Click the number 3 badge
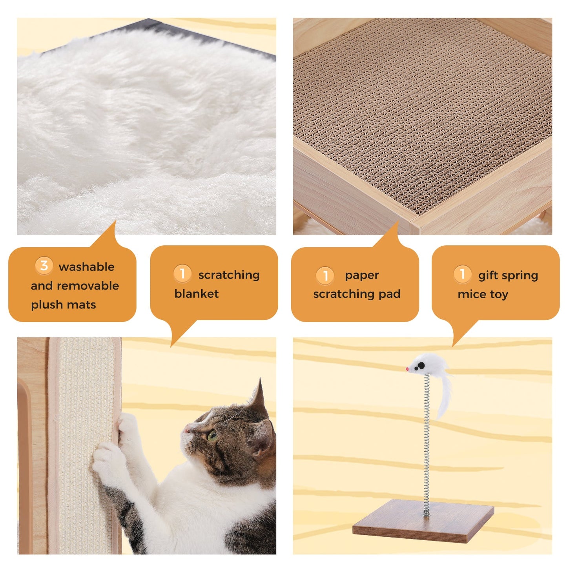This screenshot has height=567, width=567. coord(44,266)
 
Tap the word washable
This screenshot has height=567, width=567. coord(86,267)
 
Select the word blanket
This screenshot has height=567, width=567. coord(196,294)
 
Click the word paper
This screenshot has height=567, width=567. coord(362,275)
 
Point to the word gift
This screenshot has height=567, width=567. coord(488,275)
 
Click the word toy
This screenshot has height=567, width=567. coord(499,294)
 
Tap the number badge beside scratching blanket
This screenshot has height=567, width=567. coord(182,273)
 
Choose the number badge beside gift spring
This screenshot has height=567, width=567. coord(462,274)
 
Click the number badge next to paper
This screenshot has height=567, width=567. coord(325,275)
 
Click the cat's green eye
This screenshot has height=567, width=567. coord(212,436)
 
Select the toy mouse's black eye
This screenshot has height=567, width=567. coord(420,366)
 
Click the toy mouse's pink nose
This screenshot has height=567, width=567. coord(408,369)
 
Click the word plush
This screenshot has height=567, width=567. coord(44,305)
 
